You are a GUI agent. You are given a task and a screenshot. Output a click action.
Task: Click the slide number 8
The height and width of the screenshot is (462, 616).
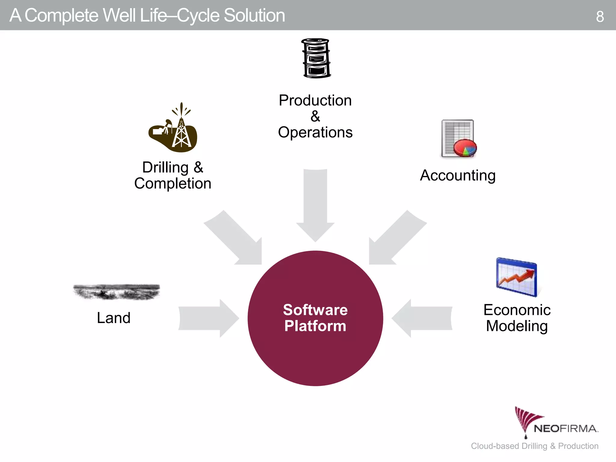tap(600, 17)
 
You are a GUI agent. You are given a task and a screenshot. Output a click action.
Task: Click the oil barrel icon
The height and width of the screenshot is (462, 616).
tap(316, 58)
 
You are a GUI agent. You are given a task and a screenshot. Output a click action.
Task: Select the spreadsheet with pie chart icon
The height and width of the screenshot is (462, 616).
tap(458, 139)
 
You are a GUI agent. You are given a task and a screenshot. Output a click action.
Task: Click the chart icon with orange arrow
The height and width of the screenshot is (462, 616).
tap(516, 277)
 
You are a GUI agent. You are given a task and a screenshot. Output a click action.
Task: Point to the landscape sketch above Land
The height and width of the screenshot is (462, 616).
tap(117, 292)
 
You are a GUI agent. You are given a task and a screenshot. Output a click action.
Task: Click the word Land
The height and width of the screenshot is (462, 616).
tap(114, 318)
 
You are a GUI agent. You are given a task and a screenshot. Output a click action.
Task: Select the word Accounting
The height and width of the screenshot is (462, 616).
tap(457, 176)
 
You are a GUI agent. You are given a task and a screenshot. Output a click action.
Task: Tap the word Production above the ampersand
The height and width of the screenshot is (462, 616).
tap(315, 100)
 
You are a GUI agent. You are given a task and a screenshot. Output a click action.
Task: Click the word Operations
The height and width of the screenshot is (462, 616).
tap(315, 133)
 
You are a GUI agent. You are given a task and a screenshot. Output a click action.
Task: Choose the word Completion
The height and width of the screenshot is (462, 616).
tap(173, 183)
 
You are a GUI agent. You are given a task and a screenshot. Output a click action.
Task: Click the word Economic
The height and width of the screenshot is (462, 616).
tap(517, 310)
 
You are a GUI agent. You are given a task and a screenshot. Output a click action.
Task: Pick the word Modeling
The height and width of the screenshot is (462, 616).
tap(517, 326)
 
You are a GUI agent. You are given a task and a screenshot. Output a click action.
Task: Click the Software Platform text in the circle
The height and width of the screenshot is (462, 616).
tap(315, 318)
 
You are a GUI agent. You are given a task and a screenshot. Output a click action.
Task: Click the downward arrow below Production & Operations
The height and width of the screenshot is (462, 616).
tap(315, 205)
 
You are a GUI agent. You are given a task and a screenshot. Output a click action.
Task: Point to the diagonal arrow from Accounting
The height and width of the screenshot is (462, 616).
tap(394, 241)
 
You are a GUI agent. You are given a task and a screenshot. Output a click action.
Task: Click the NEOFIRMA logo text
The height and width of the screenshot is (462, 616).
tap(565, 429)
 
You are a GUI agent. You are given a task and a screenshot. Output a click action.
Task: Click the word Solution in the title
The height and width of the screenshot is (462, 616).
tap(254, 16)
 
